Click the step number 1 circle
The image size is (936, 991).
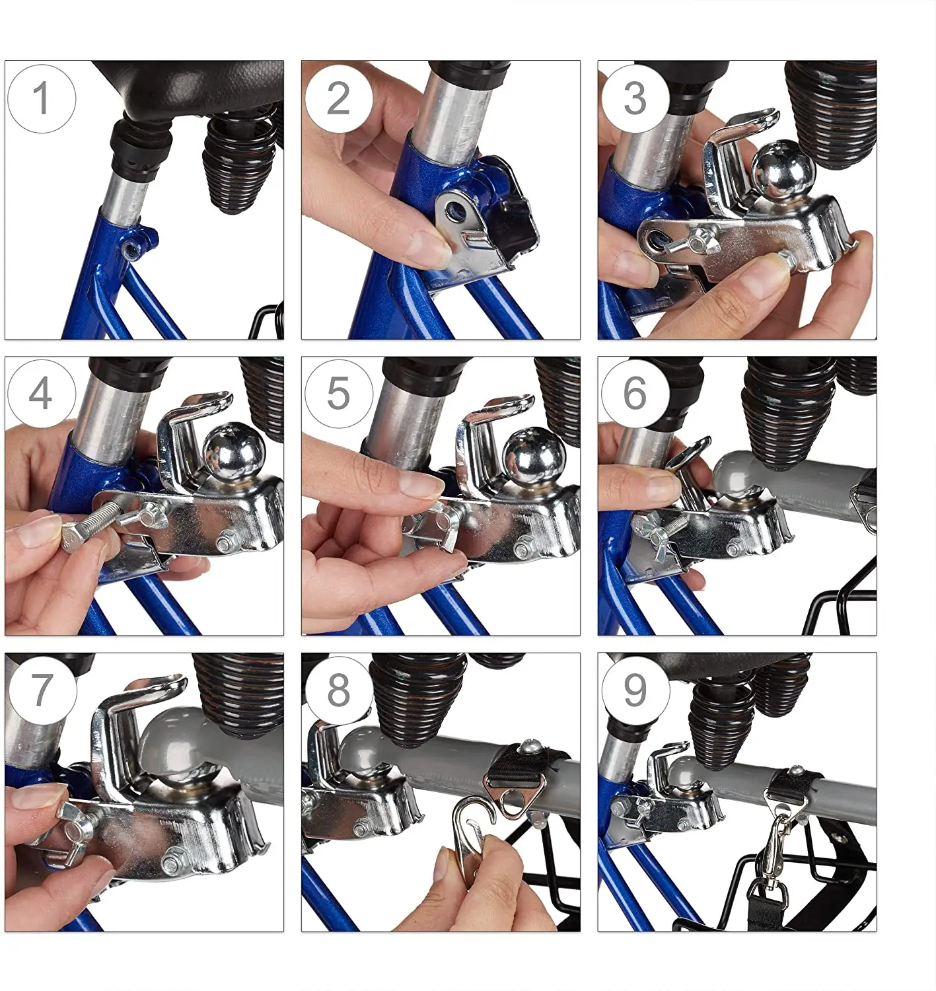(x=42, y=99)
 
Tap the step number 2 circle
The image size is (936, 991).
(x=339, y=99)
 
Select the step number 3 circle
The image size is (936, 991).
(x=635, y=99)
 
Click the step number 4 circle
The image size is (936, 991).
(x=42, y=394)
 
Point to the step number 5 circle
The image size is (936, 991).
(x=339, y=394)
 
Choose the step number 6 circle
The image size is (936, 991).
(x=635, y=394)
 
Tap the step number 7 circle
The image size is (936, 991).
(x=43, y=690)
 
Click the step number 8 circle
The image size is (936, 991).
(x=340, y=690)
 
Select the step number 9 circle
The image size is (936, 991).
(x=635, y=690)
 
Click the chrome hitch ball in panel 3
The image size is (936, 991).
(x=782, y=171)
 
